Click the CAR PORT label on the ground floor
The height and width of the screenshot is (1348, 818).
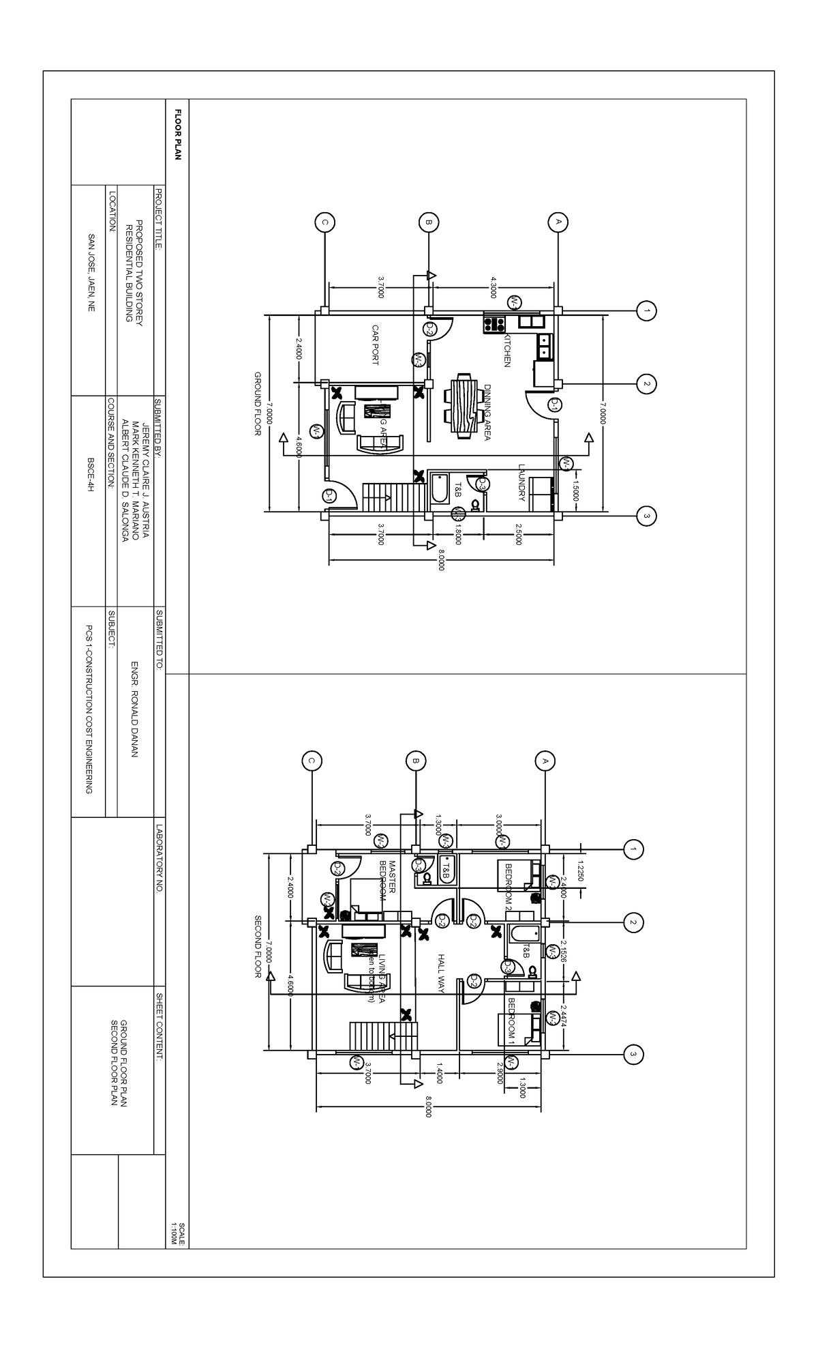[x=375, y=345]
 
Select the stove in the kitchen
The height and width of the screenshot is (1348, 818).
[x=494, y=322]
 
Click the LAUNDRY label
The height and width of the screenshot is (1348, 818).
[x=521, y=483]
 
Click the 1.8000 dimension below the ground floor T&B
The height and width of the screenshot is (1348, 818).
[x=458, y=538]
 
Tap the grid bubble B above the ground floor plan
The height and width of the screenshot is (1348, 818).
[x=429, y=222]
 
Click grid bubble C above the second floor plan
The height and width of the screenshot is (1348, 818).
[x=312, y=760]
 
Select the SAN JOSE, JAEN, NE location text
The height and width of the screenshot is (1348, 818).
[x=91, y=273]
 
